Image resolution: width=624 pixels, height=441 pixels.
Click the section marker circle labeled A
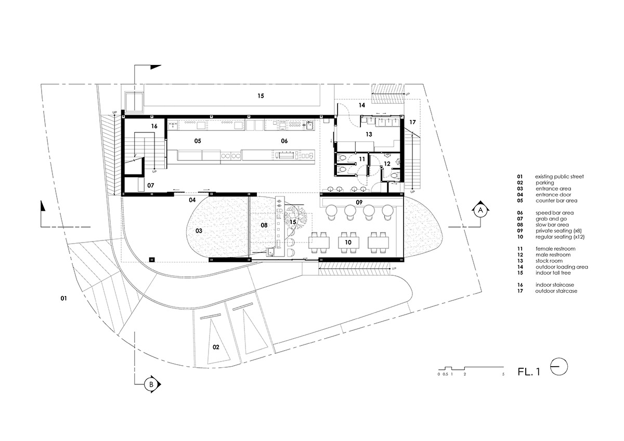click(x=480, y=210)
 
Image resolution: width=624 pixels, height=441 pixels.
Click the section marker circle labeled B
click(x=151, y=384)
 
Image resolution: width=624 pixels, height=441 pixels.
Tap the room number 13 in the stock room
click(x=369, y=135)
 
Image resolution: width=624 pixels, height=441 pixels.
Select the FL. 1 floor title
click(x=529, y=372)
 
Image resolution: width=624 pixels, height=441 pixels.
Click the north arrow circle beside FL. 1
click(x=559, y=367)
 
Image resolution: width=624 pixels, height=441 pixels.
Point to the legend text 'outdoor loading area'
click(x=562, y=267)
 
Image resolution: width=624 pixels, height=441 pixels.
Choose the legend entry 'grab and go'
click(x=551, y=219)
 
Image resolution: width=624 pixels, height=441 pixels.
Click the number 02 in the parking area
click(x=216, y=347)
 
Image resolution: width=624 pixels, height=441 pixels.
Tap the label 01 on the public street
click(x=63, y=298)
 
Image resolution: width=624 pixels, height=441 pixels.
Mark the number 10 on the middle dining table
click(x=348, y=243)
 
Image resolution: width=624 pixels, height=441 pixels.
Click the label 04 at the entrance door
click(x=192, y=200)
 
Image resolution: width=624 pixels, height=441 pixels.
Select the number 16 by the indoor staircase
click(x=154, y=126)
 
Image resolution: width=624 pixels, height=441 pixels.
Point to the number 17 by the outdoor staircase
click(x=412, y=122)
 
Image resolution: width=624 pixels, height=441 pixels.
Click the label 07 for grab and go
click(x=150, y=185)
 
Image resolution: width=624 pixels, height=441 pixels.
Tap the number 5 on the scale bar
click(x=503, y=374)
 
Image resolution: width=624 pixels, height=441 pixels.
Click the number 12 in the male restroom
click(x=387, y=164)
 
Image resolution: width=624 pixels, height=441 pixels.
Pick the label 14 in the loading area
click(x=361, y=105)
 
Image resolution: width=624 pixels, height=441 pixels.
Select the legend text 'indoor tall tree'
click(x=553, y=273)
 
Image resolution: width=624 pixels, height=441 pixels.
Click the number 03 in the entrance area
click(x=199, y=231)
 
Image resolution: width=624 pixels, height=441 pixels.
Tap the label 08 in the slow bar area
click(x=264, y=225)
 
